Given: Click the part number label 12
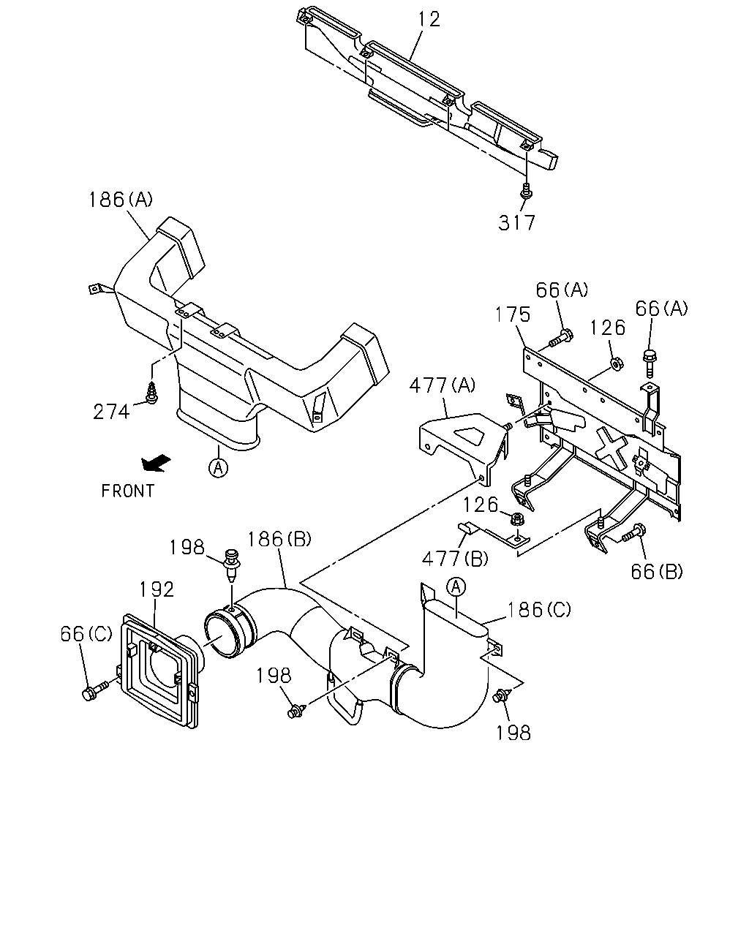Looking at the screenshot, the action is pos(429,20).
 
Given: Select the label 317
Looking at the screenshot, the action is pos(516,223).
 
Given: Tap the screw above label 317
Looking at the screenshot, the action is pos(527,191).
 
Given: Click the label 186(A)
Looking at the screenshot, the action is pos(121,200).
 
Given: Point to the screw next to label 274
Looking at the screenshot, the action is pos(152,393).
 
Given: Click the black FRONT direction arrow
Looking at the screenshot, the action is pos(156,463).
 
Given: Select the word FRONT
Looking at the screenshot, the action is pos(128,491).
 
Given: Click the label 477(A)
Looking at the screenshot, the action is pos(443,385).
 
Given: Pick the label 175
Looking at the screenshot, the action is pos(513,314).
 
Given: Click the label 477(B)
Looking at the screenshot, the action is pos(455,559).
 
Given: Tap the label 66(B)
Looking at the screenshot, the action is pos(657,572).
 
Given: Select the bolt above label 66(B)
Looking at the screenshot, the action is pos(634,533).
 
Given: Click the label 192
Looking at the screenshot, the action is pos(157,589).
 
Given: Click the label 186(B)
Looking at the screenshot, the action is pos(279,540).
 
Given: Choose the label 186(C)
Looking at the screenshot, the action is pos(539,609).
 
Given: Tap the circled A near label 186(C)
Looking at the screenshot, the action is pos(456,586).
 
